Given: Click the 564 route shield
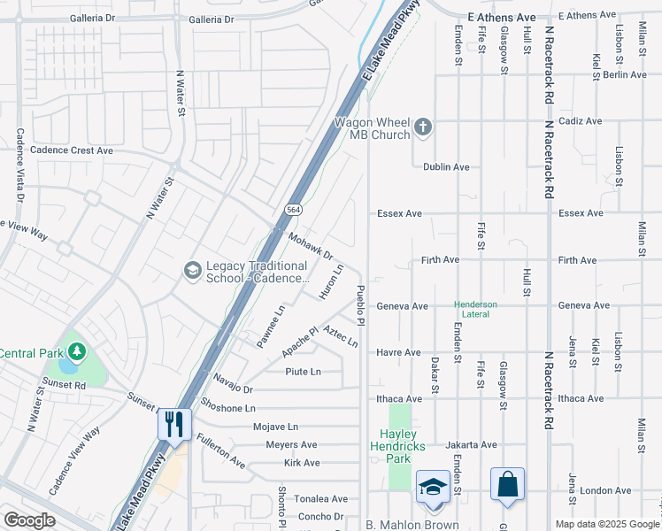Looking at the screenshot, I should click(291, 210).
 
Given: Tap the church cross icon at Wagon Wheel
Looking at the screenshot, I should click(423, 127).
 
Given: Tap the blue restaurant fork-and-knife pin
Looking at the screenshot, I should click(173, 424).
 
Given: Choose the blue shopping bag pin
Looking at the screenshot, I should click(507, 485).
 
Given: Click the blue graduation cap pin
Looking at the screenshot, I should click(433, 487).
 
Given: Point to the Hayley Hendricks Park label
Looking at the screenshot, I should click(410, 441).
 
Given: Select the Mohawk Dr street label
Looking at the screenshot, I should click(310, 247).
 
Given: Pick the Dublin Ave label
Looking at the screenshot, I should click(445, 167).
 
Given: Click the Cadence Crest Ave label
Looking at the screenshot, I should click(72, 150).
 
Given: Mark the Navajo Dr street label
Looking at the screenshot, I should click(233, 383).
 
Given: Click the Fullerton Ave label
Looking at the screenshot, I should click(220, 450).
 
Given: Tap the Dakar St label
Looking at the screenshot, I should click(435, 376).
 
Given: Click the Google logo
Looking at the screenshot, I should click(28, 520).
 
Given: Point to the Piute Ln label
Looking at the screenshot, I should click(303, 372).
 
